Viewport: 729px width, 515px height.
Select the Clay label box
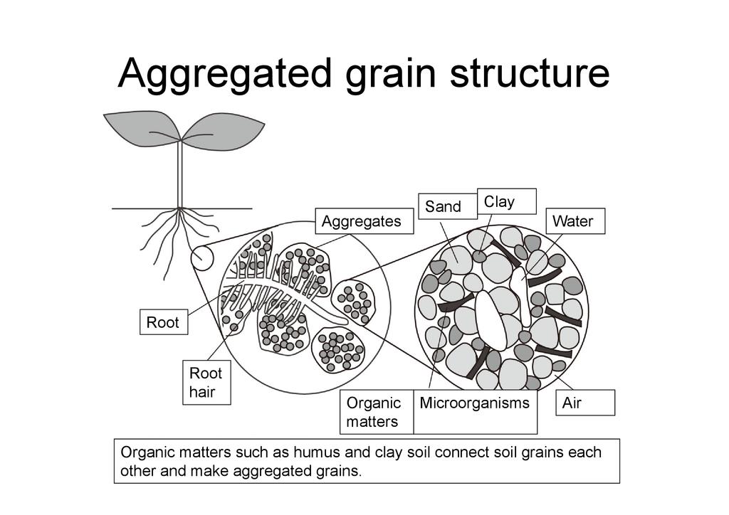pyautogui.click(x=506, y=201)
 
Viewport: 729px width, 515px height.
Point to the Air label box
pyautogui.click(x=584, y=403)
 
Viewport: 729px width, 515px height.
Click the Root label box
pyautogui.click(x=163, y=322)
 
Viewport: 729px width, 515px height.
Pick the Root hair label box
pyautogui.click(x=206, y=383)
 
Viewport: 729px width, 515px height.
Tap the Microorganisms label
pyautogui.click(x=475, y=403)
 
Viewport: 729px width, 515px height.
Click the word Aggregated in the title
pyautogui.click(x=226, y=73)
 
